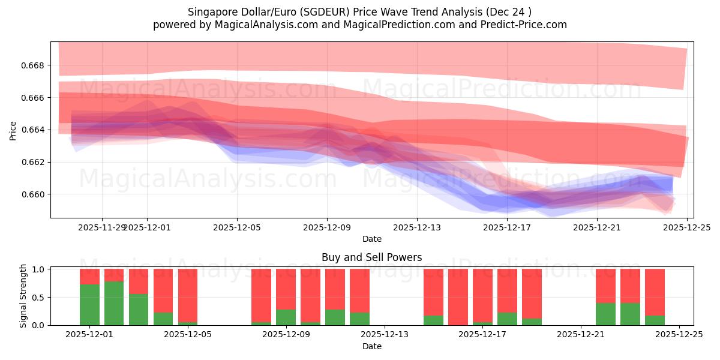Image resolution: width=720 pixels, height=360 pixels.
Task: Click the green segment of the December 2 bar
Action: (114, 303)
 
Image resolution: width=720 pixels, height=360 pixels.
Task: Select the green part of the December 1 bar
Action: (89, 305)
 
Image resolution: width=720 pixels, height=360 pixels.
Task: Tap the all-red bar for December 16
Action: (458, 297)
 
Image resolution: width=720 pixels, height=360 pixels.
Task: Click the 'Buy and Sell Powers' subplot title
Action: (371, 257)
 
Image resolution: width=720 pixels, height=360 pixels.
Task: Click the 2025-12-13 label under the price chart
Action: (417, 227)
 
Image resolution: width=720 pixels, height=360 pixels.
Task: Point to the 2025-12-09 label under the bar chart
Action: (286, 335)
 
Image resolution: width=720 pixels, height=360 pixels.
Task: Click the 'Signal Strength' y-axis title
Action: (23, 296)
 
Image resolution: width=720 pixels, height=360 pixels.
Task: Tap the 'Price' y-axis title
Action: (13, 130)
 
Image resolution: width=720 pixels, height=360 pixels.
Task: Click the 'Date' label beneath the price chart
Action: (371, 239)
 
